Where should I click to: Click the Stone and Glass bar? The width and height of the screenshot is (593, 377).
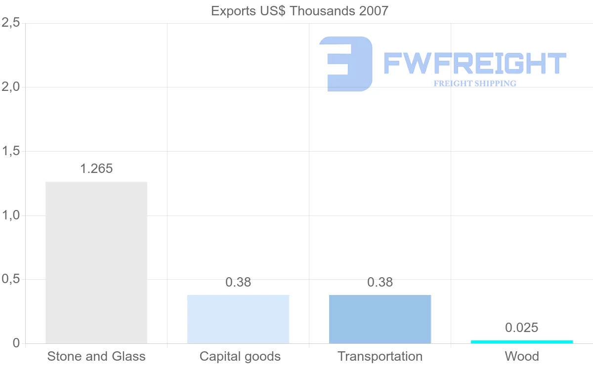pyautogui.click(x=96, y=262)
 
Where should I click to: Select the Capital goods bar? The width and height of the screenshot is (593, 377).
pyautogui.click(x=238, y=319)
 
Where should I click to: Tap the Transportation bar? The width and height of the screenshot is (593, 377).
pyautogui.click(x=380, y=319)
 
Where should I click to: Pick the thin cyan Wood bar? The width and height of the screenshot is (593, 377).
pyautogui.click(x=522, y=341)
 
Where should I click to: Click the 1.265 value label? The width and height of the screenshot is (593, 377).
pyautogui.click(x=96, y=168)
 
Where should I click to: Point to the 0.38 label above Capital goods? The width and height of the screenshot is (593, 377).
pyautogui.click(x=238, y=282)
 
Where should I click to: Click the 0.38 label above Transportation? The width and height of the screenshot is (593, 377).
pyautogui.click(x=380, y=282)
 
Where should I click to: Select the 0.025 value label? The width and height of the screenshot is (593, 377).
pyautogui.click(x=522, y=328)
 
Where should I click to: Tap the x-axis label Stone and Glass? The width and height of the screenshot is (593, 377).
pyautogui.click(x=96, y=356)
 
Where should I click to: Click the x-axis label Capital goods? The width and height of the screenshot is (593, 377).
pyautogui.click(x=240, y=356)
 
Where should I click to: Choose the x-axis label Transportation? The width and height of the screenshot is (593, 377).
pyautogui.click(x=380, y=356)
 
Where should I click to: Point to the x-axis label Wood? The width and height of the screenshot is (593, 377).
pyautogui.click(x=522, y=356)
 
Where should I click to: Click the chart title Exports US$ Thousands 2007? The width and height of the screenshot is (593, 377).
pyautogui.click(x=299, y=11)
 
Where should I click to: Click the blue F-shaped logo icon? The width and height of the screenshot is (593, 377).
pyautogui.click(x=345, y=64)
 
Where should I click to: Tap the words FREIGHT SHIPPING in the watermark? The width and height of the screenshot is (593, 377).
pyautogui.click(x=475, y=84)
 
